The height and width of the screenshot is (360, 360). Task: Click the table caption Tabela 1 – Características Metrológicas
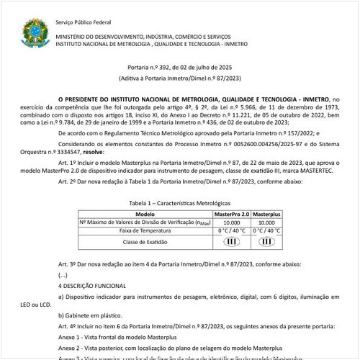click(179, 204)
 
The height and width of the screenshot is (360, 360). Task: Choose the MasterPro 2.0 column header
click(232, 215)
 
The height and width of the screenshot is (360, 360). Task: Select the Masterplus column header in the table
click(266, 215)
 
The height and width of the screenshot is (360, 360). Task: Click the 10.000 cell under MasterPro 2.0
click(232, 222)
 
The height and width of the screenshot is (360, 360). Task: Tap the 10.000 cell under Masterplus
click(266, 222)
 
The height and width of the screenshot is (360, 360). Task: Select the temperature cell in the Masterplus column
click(266, 231)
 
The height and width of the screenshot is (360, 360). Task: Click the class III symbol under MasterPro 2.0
click(232, 243)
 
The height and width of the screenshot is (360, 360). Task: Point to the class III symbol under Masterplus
click(266, 243)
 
